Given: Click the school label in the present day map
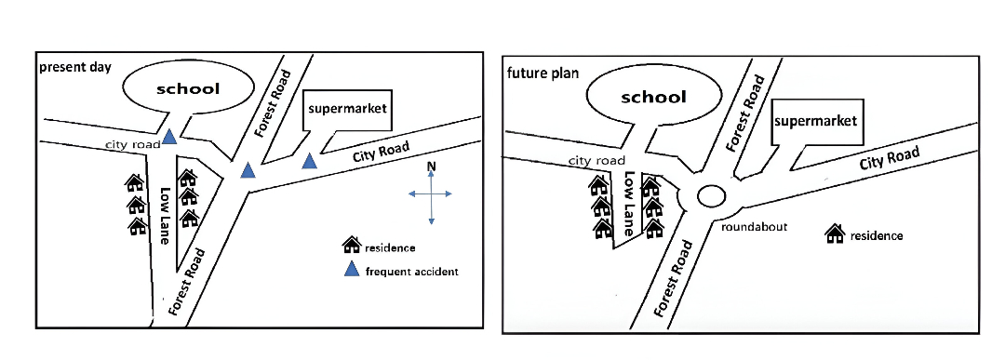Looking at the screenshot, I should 188,89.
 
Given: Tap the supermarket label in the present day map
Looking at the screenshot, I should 346,108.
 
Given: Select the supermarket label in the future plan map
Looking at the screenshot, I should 814,121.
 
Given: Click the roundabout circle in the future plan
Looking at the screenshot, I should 711,196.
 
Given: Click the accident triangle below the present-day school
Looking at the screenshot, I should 169,138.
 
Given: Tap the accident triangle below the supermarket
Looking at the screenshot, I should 309,161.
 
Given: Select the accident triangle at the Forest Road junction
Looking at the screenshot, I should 248,170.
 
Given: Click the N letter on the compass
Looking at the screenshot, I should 431,167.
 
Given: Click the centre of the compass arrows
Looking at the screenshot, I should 431,194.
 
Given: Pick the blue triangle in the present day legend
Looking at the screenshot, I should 352,271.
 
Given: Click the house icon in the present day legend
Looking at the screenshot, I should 352,246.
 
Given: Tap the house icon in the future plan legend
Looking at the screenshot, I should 835,234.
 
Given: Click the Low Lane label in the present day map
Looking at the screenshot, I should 166,217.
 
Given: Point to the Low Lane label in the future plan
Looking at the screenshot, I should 630,202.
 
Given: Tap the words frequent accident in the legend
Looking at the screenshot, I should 412,272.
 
